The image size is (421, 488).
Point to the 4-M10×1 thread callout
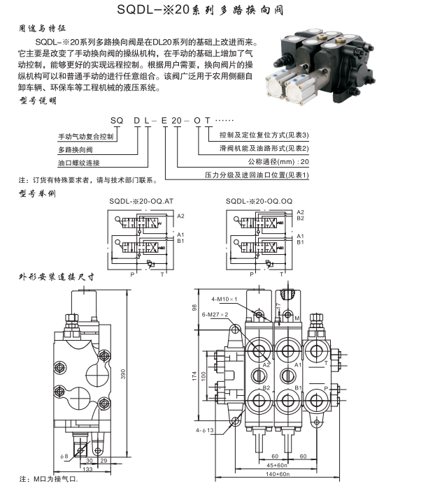pos(224,300)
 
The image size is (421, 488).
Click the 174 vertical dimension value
pos(194,376)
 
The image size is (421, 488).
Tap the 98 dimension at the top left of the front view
pos(194,308)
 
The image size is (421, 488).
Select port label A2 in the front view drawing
pos(266,364)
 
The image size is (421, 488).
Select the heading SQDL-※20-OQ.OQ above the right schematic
pos(259,201)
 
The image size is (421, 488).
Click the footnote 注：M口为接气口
pos(50,480)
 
